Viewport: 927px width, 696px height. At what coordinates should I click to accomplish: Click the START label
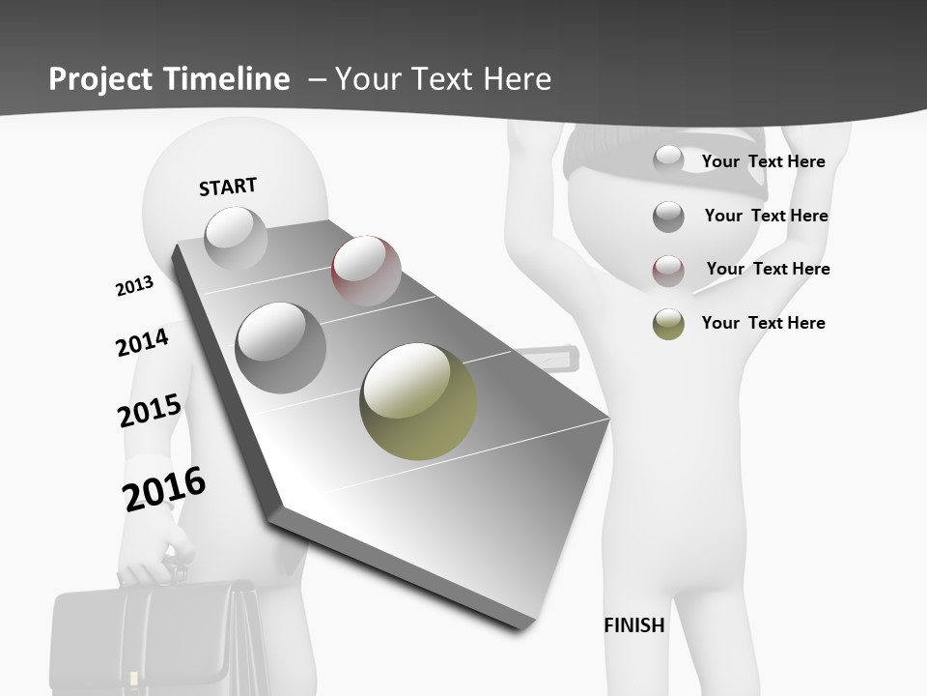228,187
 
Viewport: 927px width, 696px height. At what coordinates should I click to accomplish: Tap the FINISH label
634,625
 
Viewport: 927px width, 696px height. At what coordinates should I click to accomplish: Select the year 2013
134,286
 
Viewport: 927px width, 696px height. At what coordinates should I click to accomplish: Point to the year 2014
142,342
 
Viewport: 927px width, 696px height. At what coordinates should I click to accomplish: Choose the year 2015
150,411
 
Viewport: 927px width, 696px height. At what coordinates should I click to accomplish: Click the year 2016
164,488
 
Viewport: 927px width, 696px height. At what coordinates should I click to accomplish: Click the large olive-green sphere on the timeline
418,401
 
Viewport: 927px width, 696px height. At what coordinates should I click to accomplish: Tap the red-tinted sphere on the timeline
366,270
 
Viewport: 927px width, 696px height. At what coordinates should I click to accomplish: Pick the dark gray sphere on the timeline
281,347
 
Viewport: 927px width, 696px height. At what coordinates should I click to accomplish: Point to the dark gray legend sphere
668,217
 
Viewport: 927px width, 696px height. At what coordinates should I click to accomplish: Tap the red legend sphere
668,271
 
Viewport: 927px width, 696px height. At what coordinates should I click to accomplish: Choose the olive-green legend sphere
668,324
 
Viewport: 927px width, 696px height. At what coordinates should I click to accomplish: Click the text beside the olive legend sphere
763,323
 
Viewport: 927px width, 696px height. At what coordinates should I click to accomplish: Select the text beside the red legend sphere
768,269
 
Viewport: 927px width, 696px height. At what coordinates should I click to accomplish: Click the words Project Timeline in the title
169,79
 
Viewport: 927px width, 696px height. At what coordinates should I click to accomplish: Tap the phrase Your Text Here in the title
442,79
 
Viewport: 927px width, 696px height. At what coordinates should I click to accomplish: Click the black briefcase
154,638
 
